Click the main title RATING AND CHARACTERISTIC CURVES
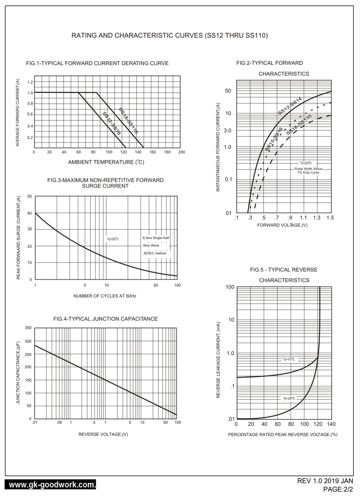click(x=169, y=36)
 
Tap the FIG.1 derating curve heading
click(x=97, y=63)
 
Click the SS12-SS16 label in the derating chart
click(x=112, y=123)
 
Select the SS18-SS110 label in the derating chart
click(x=128, y=121)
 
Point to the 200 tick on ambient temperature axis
click(x=182, y=152)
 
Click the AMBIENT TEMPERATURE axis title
click(x=106, y=162)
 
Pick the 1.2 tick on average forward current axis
click(x=30, y=82)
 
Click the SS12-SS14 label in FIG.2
click(x=290, y=106)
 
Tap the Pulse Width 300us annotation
click(x=308, y=169)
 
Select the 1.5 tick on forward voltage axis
click(x=330, y=218)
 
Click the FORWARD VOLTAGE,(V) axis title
click(x=282, y=225)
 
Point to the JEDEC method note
click(x=155, y=253)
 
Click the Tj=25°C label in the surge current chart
click(x=113, y=239)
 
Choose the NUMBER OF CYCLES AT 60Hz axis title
click(x=105, y=296)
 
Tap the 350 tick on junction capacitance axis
click(x=28, y=328)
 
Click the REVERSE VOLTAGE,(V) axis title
click(x=103, y=434)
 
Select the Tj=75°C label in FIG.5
click(x=289, y=359)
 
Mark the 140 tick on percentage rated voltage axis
click(x=331, y=424)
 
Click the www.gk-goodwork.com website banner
click(x=50, y=485)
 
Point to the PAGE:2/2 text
click(x=338, y=489)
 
